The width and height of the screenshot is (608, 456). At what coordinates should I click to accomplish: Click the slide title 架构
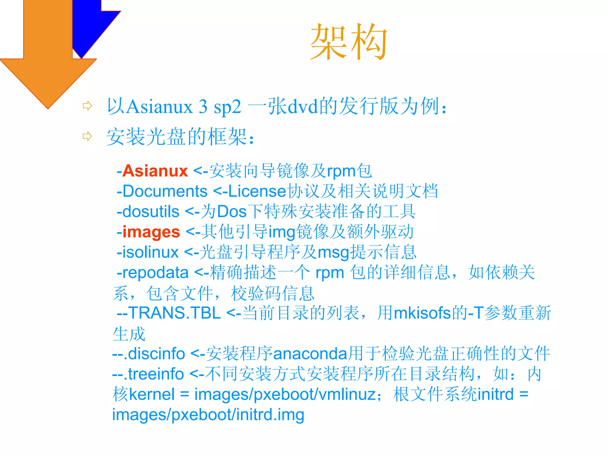[349, 42]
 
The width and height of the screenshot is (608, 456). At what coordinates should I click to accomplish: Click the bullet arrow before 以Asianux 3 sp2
[87, 106]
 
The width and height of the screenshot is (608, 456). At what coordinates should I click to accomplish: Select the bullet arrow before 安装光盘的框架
[87, 136]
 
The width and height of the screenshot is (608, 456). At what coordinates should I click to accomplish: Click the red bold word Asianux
[155, 171]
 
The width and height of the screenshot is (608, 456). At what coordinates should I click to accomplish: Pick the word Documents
[165, 191]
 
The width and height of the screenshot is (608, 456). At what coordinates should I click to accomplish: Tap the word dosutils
[151, 212]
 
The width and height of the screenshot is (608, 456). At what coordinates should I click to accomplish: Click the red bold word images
[151, 232]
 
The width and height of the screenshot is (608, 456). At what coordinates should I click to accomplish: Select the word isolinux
[150, 252]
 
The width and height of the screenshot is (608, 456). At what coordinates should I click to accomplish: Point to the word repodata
[155, 272]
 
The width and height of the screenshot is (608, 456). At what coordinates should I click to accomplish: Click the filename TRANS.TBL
[175, 313]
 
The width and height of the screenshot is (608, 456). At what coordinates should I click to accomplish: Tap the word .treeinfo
[154, 374]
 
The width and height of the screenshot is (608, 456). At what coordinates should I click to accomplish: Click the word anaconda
[310, 354]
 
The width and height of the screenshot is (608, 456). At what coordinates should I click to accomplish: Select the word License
[257, 191]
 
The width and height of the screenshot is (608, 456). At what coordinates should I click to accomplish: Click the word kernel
[152, 394]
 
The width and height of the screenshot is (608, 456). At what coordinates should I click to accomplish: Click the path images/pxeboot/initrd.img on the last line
[208, 414]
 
